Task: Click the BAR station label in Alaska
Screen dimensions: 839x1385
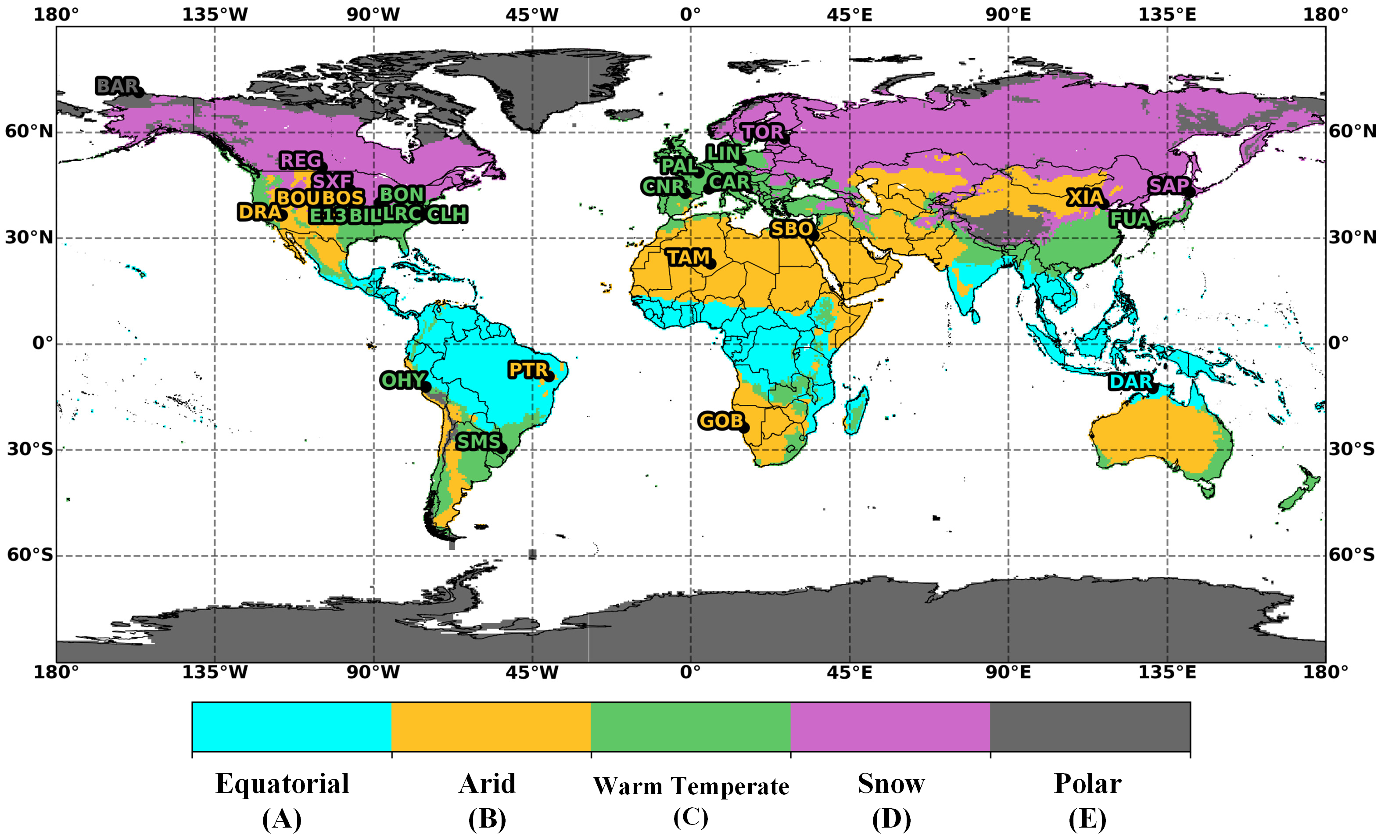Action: click(x=117, y=86)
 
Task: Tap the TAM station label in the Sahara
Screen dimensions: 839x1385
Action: click(x=688, y=258)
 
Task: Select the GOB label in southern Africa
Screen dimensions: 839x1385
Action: click(x=720, y=421)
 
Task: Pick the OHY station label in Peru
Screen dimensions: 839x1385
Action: click(x=402, y=381)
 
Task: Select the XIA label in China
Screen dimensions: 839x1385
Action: click(x=1085, y=198)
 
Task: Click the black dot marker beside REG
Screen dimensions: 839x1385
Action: click(x=323, y=167)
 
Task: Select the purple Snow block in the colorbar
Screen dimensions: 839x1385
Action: click(x=890, y=726)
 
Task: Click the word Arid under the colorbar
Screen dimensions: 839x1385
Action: click(x=487, y=783)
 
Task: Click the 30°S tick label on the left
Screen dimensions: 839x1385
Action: click(x=29, y=449)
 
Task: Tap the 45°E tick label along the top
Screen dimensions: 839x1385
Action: click(x=849, y=14)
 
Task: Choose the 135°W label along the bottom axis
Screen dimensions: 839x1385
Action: click(x=214, y=672)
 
